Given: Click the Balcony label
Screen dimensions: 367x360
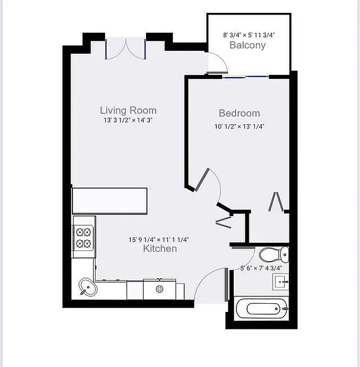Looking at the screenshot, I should point(247,45).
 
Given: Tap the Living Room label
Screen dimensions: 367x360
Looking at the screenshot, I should point(128,110).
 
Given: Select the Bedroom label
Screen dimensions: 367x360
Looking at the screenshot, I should point(239,113).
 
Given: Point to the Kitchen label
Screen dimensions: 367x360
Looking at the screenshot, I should point(160,249).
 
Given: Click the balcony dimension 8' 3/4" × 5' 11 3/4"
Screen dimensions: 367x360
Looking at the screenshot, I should point(249,34).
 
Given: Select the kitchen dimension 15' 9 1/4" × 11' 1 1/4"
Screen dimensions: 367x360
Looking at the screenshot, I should point(159,239).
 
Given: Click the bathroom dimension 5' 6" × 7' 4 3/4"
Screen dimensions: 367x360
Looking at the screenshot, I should point(261,268).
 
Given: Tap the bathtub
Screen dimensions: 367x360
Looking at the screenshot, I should point(262,309).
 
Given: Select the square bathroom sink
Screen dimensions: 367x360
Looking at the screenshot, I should point(281,281).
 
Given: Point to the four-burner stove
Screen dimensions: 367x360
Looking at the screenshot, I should point(84,237).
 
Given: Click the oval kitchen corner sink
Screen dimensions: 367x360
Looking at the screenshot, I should point(87,287).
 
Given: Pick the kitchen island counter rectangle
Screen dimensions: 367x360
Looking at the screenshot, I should point(110,200).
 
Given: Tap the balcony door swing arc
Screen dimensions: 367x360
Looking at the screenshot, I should point(218,64).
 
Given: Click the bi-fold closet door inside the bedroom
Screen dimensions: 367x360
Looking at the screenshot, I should point(276,202).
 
